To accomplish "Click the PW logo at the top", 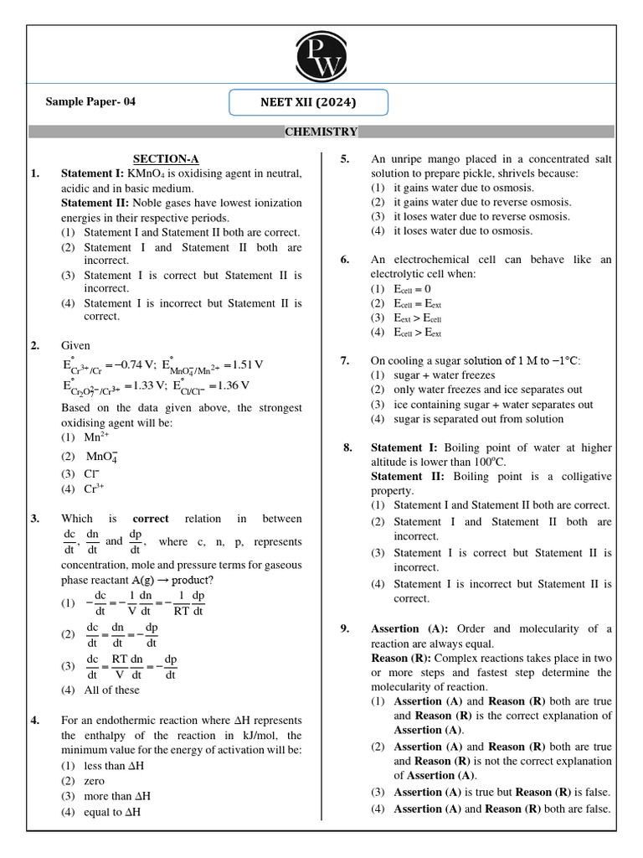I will pos(321,55).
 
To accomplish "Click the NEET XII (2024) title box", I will pos(309,103).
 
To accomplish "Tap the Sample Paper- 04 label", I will pos(90,102).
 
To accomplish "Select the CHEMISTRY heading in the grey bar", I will pos(321,132).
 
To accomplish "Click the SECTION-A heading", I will pos(166,158).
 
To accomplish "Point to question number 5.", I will pos(344,158).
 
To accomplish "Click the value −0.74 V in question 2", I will pos(131,364).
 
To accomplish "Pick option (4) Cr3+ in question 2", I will pos(95,488).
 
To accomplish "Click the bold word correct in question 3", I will pos(151,519).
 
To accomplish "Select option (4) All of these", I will pos(111,690).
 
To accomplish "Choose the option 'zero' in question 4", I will pos(95,780).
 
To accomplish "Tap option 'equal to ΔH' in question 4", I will pos(112,812).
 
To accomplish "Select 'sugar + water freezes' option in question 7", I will pos(444,375).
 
